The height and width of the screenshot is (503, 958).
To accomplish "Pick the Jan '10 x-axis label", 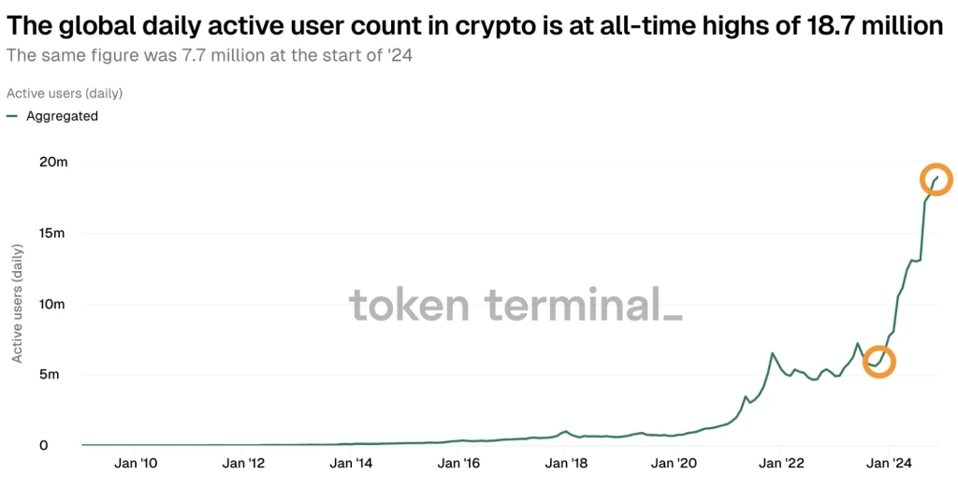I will tap(136, 463).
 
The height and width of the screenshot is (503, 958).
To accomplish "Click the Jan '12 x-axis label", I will tap(243, 463).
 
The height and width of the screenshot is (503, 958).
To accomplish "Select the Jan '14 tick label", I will tap(351, 463).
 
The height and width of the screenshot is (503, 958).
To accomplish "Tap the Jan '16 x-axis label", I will tap(458, 463).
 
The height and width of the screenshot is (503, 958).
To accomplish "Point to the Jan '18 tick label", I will tap(566, 463).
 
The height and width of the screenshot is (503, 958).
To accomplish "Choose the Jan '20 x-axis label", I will tap(674, 463).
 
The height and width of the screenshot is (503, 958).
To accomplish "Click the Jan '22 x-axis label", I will tap(782, 463).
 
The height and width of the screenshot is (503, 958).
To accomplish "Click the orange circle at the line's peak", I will tap(936, 179).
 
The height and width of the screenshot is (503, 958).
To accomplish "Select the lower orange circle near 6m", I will tap(878, 361).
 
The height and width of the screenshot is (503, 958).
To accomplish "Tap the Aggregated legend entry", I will tap(62, 116).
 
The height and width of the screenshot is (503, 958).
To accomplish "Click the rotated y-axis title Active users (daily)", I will tap(17, 304).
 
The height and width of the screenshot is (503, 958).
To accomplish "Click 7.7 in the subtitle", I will tap(176, 54).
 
